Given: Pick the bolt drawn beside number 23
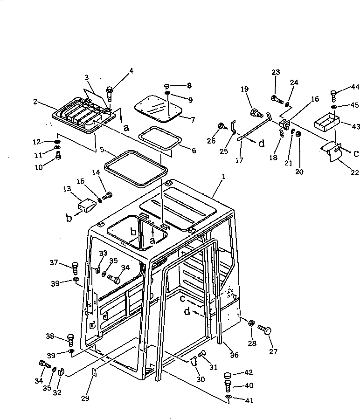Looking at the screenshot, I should pos(277,99).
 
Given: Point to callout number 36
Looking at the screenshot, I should pos(234,356).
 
